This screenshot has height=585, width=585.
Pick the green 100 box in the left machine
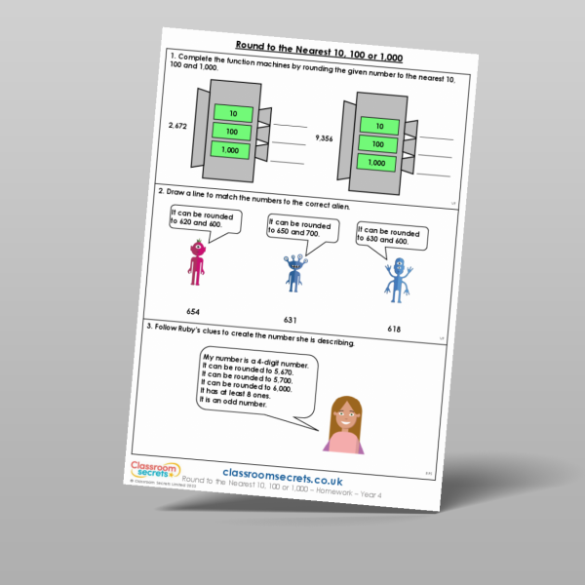click(231, 131)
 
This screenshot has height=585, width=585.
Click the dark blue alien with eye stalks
click(294, 274)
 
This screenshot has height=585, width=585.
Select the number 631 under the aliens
click(289, 319)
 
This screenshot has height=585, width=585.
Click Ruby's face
click(345, 414)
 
